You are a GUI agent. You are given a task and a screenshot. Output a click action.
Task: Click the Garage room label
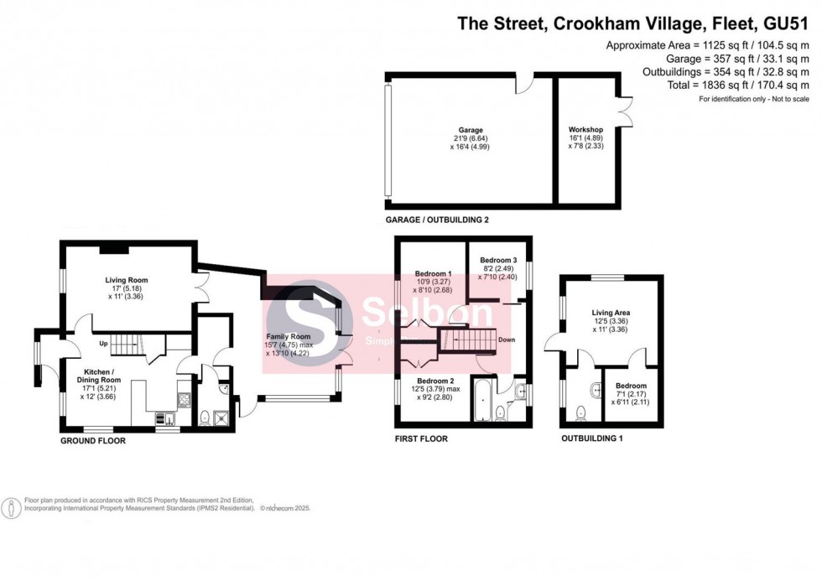coord(470,131)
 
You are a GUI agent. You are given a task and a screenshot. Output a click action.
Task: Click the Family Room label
coord(289,337)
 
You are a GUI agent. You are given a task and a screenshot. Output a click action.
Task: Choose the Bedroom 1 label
coord(434,274)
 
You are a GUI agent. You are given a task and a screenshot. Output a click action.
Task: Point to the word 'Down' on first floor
coord(506,340)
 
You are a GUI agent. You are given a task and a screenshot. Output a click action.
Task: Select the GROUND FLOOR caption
coord(92,440)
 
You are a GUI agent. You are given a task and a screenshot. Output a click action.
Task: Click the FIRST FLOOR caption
coord(421,438)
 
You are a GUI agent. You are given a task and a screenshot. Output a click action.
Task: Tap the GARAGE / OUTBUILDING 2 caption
coord(436,220)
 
